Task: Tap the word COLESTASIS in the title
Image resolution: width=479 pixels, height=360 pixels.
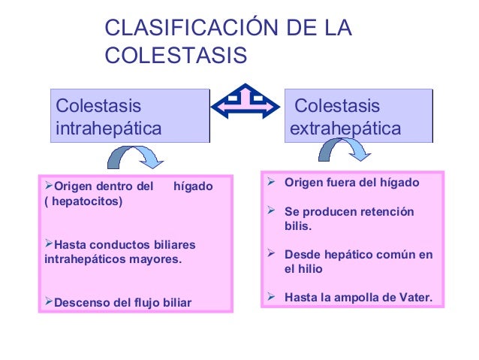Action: pyautogui.click(x=176, y=56)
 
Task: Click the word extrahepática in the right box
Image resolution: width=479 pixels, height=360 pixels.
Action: pyautogui.click(x=345, y=129)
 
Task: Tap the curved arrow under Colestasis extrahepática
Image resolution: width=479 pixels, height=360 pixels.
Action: pyautogui.click(x=345, y=149)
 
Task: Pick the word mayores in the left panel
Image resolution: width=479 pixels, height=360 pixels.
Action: pyautogui.click(x=157, y=259)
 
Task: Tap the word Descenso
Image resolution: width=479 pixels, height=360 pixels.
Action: pyautogui.click(x=82, y=303)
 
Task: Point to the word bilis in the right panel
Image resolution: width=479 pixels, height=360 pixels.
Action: pyautogui.click(x=297, y=226)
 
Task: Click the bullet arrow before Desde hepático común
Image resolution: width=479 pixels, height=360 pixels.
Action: pyautogui.click(x=274, y=255)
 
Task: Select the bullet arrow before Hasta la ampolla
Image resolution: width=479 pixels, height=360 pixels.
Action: pyautogui.click(x=274, y=298)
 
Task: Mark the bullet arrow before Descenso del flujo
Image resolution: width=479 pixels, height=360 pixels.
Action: pyautogui.click(x=49, y=302)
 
